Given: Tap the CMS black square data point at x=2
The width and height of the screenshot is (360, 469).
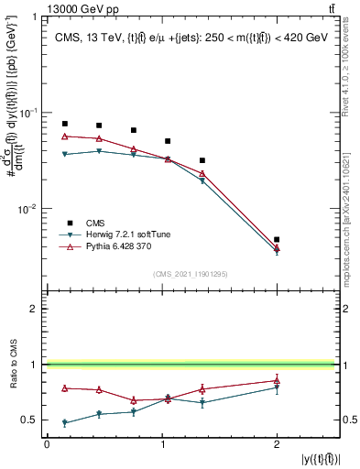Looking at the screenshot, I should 277,239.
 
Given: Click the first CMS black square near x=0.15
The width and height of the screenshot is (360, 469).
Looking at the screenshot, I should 64,124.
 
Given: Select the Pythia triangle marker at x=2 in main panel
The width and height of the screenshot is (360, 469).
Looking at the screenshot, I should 277,247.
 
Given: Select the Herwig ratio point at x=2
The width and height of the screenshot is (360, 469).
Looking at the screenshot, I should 277,387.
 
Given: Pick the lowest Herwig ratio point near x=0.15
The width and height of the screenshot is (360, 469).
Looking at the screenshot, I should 64,423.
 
